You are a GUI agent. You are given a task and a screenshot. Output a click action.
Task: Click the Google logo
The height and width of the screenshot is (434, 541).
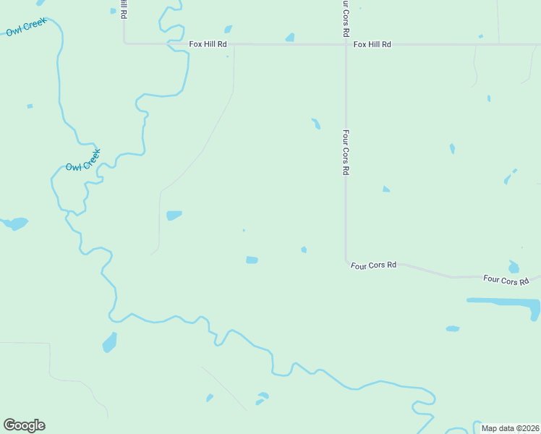point(24,425)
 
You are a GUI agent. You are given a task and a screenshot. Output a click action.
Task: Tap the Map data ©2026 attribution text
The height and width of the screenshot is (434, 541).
point(510,428)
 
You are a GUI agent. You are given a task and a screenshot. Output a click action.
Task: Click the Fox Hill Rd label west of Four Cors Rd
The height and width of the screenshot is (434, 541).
point(208,44)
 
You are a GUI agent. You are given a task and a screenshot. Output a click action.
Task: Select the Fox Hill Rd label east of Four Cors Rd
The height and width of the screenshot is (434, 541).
point(372,44)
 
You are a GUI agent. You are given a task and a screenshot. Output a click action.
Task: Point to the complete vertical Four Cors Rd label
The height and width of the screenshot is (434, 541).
point(346,153)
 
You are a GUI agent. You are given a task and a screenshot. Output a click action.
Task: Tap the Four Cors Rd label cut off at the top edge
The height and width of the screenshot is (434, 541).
point(346,19)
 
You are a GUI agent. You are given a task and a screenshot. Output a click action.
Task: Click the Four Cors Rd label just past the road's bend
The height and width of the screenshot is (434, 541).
point(374,265)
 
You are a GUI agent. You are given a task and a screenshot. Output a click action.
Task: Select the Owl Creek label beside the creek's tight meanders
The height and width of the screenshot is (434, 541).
point(82,161)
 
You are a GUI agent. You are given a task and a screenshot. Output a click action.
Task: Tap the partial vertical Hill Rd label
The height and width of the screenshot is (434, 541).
point(124,9)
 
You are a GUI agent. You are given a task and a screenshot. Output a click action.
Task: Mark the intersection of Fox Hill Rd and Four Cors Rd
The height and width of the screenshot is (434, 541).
point(345,44)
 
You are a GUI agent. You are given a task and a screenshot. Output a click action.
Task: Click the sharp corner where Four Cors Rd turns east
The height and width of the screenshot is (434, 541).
point(346,260)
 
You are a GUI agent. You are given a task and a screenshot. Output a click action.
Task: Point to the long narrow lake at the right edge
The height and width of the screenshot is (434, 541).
point(503,302)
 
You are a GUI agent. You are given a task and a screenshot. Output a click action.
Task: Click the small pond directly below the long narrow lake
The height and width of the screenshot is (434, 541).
point(453,328)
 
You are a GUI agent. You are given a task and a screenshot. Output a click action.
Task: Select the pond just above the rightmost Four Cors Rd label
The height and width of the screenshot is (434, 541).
point(514,266)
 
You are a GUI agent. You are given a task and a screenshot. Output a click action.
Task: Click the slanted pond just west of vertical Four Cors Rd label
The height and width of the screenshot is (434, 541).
point(316,124)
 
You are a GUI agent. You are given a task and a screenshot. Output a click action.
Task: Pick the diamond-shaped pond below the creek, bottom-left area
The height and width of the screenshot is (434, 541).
point(109,341)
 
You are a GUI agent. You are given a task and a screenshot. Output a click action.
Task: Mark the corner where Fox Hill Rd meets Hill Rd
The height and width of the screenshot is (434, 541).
point(125,43)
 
